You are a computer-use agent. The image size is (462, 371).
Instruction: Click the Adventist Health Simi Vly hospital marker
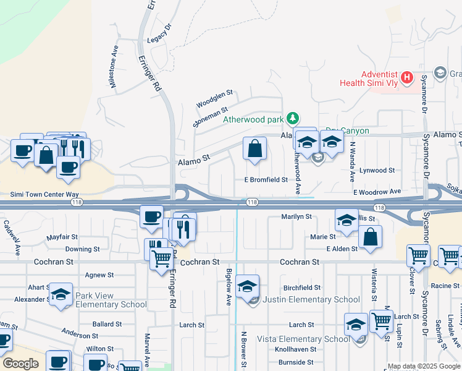click(x=406, y=77)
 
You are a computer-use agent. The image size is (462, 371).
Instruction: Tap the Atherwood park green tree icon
click(x=294, y=118)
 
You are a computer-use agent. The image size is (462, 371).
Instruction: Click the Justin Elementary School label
click(x=311, y=300)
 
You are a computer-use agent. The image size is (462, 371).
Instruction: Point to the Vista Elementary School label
click(x=303, y=339)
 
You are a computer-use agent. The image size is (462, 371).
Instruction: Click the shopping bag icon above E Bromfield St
click(x=254, y=149)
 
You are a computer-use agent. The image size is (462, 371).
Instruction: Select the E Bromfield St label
click(x=266, y=180)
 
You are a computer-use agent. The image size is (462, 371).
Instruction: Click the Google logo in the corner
click(x=20, y=363)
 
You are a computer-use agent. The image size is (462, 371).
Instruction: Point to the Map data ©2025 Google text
click(x=424, y=366)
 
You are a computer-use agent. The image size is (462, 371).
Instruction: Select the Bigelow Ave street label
click(x=229, y=286)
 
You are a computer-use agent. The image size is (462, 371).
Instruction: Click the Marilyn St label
click(x=296, y=217)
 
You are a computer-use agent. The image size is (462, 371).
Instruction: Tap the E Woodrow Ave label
click(x=377, y=192)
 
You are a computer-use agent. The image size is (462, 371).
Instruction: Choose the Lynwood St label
click(x=377, y=170)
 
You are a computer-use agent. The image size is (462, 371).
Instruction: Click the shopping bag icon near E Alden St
click(x=370, y=237)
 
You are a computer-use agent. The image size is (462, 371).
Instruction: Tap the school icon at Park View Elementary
click(x=61, y=294)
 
